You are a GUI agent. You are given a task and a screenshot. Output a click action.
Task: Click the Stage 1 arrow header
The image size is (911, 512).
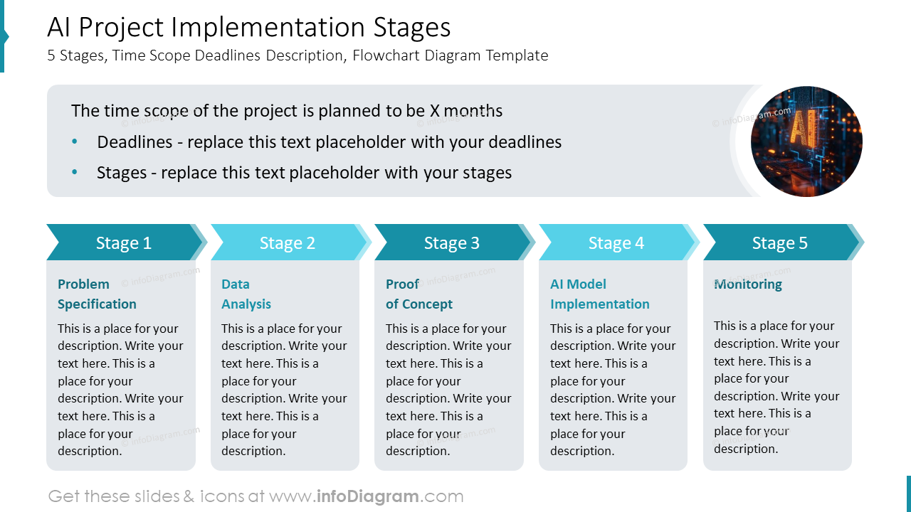124,242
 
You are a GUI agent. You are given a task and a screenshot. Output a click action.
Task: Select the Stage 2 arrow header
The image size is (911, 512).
288,242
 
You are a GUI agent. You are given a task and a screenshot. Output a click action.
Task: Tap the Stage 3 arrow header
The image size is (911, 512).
452,242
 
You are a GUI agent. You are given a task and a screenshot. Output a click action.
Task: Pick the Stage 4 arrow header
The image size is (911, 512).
616,242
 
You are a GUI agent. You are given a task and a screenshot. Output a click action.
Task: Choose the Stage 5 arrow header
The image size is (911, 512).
780,242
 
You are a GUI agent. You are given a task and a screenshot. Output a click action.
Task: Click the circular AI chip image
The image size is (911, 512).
806,142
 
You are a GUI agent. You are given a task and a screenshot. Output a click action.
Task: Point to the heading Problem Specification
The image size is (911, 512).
97,294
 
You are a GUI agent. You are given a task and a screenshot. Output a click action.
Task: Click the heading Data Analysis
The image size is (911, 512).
246,294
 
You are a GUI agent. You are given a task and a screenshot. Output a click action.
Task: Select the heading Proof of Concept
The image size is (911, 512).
418,294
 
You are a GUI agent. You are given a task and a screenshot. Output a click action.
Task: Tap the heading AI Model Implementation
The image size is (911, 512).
599,294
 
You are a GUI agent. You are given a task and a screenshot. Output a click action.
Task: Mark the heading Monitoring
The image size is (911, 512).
748,284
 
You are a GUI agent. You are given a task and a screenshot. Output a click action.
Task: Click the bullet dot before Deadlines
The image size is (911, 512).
75,142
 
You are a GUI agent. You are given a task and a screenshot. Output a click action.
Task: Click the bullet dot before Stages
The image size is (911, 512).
75,173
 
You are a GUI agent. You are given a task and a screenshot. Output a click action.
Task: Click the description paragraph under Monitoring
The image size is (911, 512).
776,387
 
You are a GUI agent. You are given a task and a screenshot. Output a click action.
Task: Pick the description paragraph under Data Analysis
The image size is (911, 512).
284,389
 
